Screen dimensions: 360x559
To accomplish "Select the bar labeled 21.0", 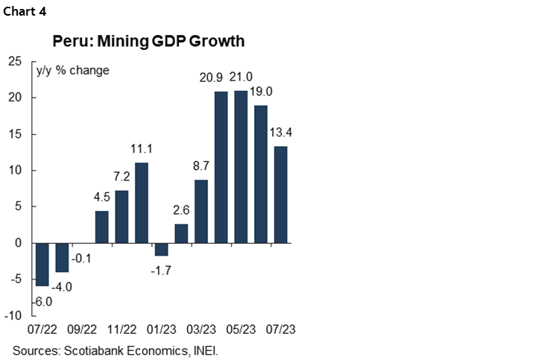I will (x=241, y=167).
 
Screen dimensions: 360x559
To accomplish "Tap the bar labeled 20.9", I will (x=221, y=167).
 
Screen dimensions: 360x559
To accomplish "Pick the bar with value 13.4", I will (x=280, y=195).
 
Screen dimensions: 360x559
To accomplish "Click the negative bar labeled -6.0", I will (x=42, y=265).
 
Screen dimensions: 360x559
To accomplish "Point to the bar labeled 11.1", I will (x=141, y=203).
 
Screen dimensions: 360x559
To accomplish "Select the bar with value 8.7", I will (x=200, y=212).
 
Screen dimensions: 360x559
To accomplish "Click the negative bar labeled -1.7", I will (x=161, y=249).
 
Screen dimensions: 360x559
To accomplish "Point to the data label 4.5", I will (x=101, y=198).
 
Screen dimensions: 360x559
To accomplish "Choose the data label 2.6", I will (x=181, y=211).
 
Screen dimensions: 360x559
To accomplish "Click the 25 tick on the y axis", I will (x=15, y=61).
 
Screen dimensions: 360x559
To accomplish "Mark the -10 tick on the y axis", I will (x=13, y=316).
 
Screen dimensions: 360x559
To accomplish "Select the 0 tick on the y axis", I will (x=19, y=244).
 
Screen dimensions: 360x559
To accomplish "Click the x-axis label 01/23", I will (x=161, y=329).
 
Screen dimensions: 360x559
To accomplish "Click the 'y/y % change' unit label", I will (x=73, y=71).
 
